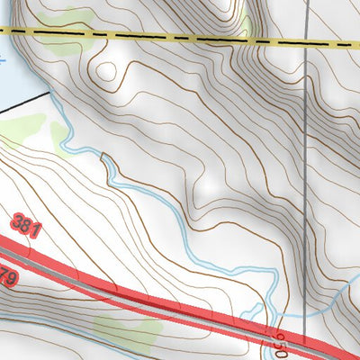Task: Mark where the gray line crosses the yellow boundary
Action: (306, 41)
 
